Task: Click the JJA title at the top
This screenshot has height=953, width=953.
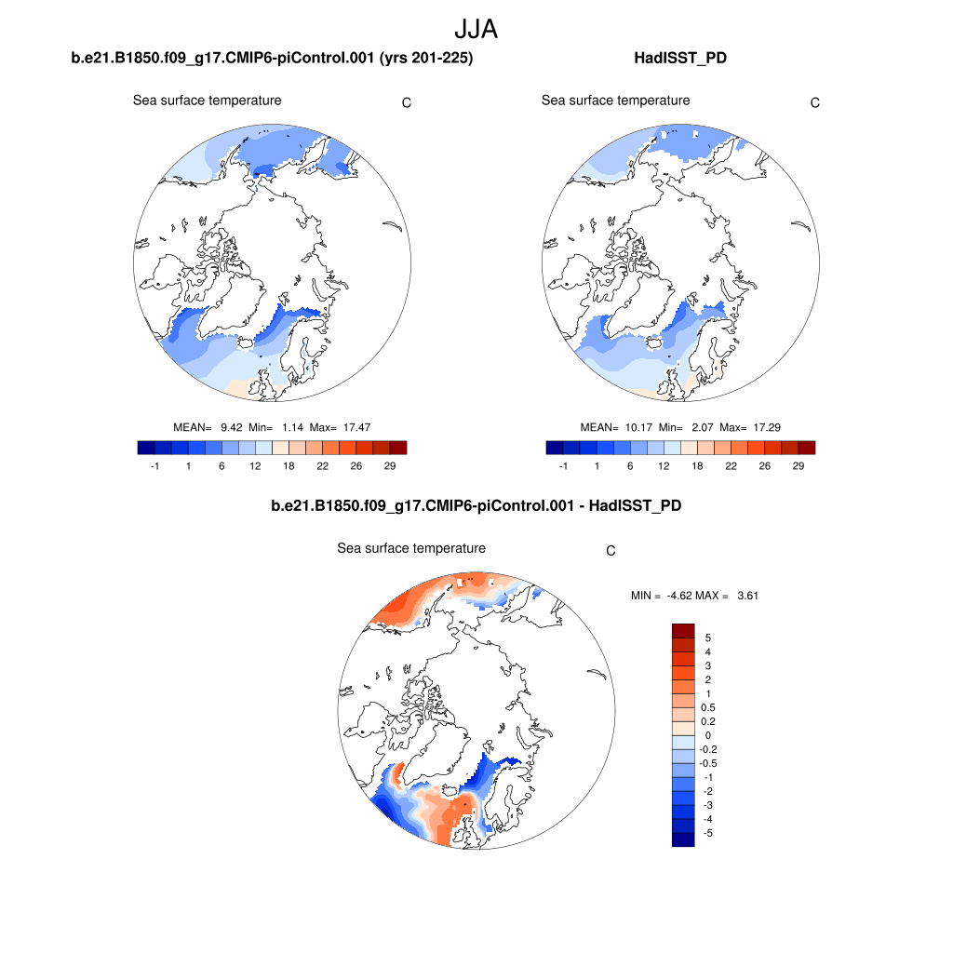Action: pos(476,29)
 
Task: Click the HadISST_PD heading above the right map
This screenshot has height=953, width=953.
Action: pos(679,59)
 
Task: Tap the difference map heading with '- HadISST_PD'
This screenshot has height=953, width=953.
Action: pos(476,506)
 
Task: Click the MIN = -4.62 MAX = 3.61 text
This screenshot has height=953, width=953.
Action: pos(694,596)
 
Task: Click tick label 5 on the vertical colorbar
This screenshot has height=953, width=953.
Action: pos(708,638)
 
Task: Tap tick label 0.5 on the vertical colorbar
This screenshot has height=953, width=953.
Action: pos(711,707)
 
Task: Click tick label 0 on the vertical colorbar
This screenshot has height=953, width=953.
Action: pos(708,735)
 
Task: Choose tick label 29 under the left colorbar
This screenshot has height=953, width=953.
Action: pos(390,466)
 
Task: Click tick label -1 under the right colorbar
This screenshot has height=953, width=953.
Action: pos(562,466)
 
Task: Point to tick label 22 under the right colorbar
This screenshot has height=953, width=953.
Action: pos(731,466)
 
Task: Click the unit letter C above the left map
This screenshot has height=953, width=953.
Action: pos(407,102)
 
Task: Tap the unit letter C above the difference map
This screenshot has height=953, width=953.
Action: pos(611,551)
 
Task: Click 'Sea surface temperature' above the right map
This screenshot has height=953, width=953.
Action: pos(615,101)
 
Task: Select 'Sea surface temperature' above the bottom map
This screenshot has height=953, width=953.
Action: pos(411,548)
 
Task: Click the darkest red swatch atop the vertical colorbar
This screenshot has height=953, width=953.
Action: pos(683,631)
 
